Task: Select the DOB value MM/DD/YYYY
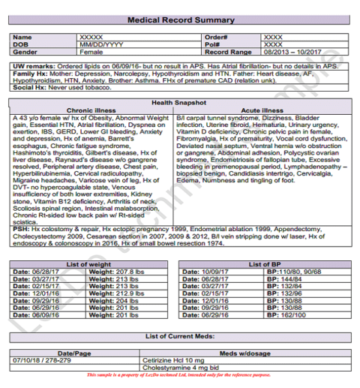point(101,44)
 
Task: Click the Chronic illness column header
point(91,110)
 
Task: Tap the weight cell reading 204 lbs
point(118,299)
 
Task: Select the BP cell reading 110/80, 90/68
point(304,272)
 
